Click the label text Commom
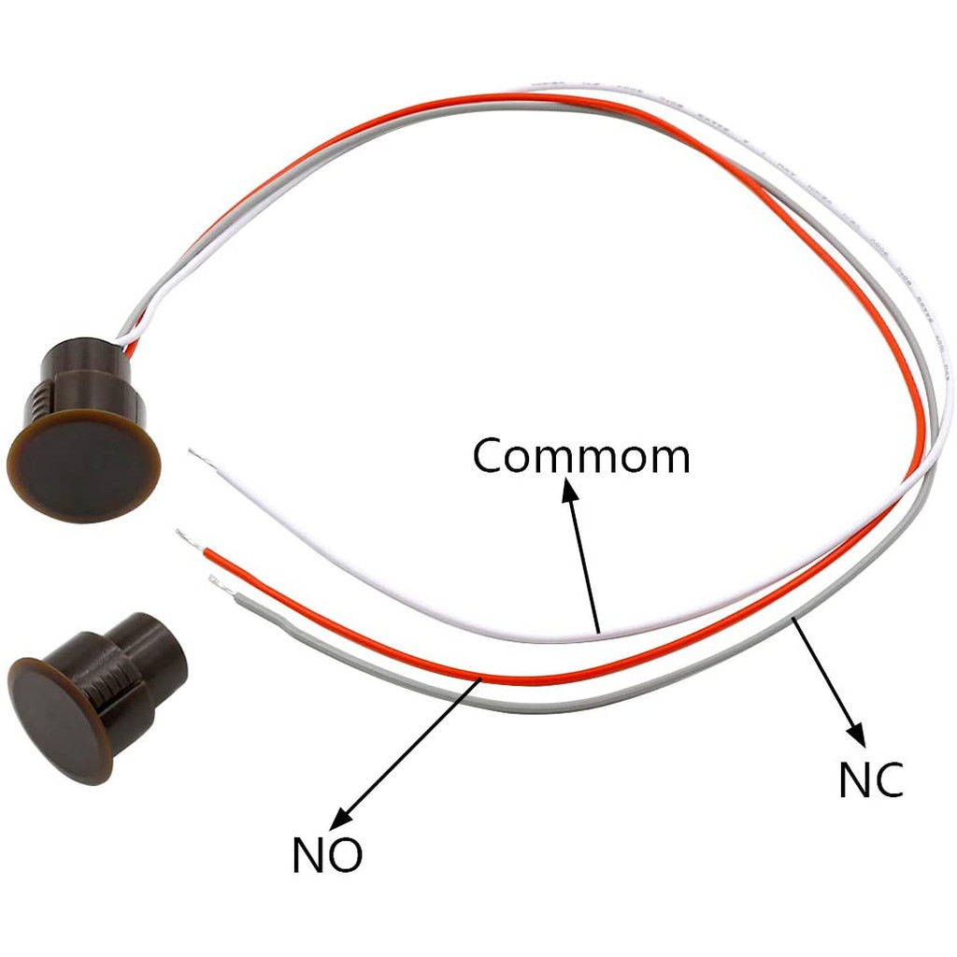[580, 456]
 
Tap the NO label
[326, 855]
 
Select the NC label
[870, 780]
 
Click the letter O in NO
[345, 855]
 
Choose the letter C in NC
[889, 780]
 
